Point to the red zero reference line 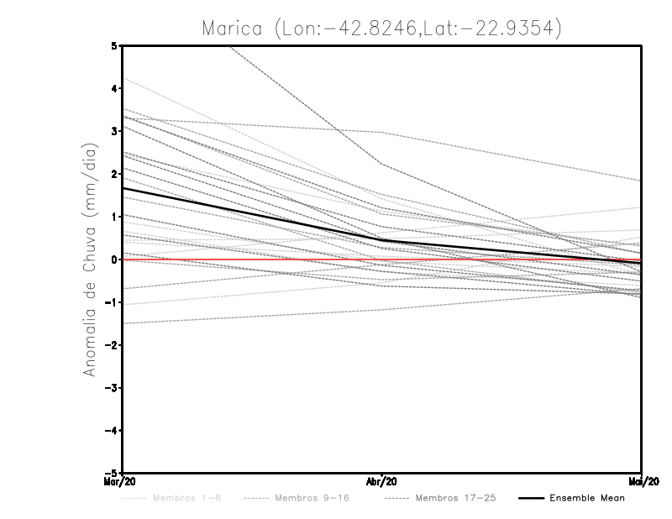(252, 259)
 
